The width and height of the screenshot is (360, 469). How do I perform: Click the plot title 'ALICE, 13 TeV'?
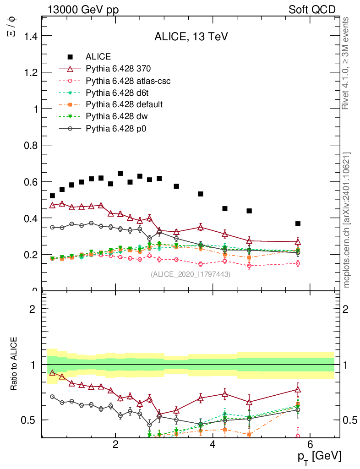point(189,37)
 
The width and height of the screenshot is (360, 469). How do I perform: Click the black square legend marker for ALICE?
point(70,57)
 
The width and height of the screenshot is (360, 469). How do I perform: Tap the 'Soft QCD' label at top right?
point(312,10)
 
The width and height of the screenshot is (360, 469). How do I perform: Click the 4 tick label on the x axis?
point(213,444)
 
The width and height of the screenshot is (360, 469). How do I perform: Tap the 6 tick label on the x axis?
point(310,444)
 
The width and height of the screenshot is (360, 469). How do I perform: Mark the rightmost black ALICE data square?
point(298,224)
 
